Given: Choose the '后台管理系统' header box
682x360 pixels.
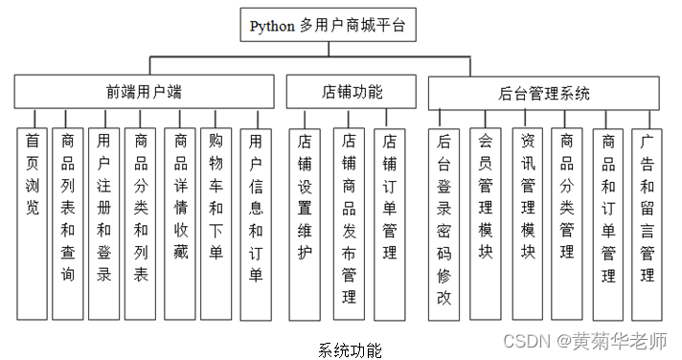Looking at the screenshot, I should click(x=544, y=93).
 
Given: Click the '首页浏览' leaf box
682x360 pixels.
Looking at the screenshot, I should click(x=33, y=220).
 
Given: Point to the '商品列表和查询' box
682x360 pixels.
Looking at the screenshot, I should click(x=67, y=220).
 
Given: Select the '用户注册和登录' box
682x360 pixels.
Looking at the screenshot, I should click(x=103, y=220).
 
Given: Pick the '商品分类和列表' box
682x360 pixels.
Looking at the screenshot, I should click(x=141, y=220).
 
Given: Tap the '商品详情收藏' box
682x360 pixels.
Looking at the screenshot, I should click(x=181, y=220).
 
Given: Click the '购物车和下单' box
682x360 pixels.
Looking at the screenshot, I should click(x=217, y=220).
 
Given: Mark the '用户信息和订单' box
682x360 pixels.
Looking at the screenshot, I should click(x=256, y=220).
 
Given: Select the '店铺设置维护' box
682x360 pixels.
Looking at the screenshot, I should click(x=305, y=220).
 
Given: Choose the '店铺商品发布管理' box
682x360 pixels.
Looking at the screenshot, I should click(x=350, y=220).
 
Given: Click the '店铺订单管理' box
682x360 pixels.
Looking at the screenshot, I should click(x=389, y=220).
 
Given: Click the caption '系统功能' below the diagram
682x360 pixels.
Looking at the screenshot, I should click(x=350, y=349).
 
